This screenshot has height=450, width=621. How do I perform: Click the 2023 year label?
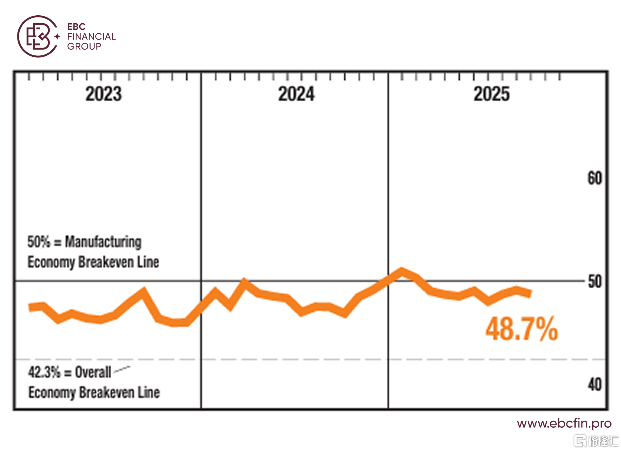[x=103, y=94]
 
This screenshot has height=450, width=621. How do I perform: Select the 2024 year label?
[x=296, y=94]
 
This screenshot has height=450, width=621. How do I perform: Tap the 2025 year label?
[x=491, y=94]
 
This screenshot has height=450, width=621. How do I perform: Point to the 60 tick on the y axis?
[x=594, y=178]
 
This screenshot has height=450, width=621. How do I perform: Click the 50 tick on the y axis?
[x=595, y=282]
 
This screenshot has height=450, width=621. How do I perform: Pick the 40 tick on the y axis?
[x=595, y=385]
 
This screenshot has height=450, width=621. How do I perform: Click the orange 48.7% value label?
[x=521, y=329]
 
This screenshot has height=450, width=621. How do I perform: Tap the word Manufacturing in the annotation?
[x=103, y=242]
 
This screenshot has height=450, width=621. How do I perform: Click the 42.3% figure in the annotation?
[x=44, y=373]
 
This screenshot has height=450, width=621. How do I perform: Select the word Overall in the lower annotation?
[x=93, y=373]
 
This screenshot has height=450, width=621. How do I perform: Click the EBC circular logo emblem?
[x=37, y=36]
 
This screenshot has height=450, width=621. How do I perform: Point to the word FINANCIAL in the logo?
[x=91, y=37]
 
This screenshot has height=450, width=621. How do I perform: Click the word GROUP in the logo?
[x=84, y=47]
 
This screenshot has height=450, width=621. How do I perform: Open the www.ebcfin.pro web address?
[x=564, y=424]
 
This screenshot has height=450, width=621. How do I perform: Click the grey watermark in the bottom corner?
[x=596, y=441]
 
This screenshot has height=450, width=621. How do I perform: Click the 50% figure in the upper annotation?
[x=39, y=242]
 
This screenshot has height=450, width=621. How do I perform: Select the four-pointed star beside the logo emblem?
[x=57, y=37]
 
